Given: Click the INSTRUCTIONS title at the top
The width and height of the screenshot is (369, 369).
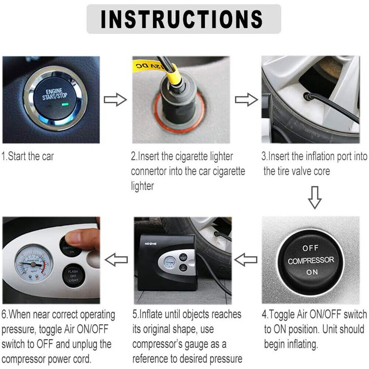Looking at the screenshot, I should click(x=183, y=19).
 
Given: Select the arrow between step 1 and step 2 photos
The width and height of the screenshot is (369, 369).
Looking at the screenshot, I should click(x=115, y=100).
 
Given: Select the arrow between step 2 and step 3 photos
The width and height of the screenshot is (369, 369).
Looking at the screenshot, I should click(x=246, y=100).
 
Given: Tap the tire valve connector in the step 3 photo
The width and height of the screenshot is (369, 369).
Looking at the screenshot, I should click(x=306, y=97).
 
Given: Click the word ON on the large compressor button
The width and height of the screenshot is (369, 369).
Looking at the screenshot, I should click(x=311, y=272).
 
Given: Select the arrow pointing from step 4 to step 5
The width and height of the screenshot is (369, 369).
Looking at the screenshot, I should click(x=246, y=261).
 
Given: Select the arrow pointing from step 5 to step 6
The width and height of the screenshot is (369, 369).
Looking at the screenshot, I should click(x=116, y=260).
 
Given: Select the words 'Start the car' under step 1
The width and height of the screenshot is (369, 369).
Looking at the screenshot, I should click(x=31, y=156).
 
